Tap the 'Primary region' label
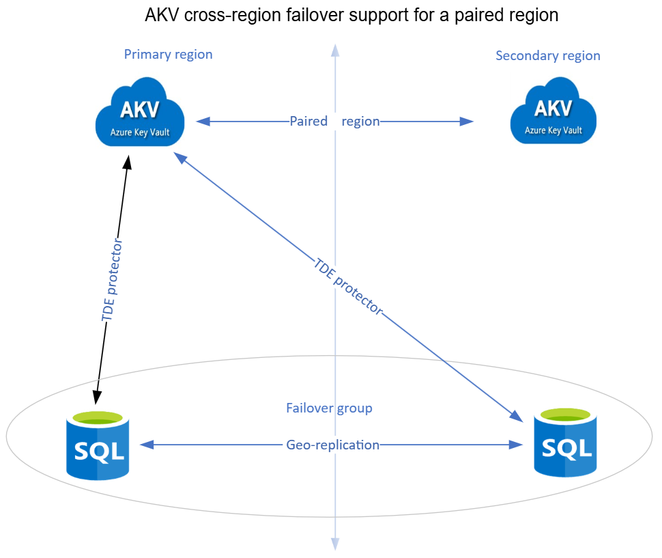click(x=168, y=55)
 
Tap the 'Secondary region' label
click(x=547, y=56)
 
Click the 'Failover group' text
click(x=329, y=408)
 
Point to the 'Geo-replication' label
click(x=332, y=445)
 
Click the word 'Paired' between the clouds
click(x=310, y=122)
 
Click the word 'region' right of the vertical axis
click(x=360, y=122)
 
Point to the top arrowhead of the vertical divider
click(x=334, y=49)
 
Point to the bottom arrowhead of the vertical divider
click(x=334, y=544)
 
